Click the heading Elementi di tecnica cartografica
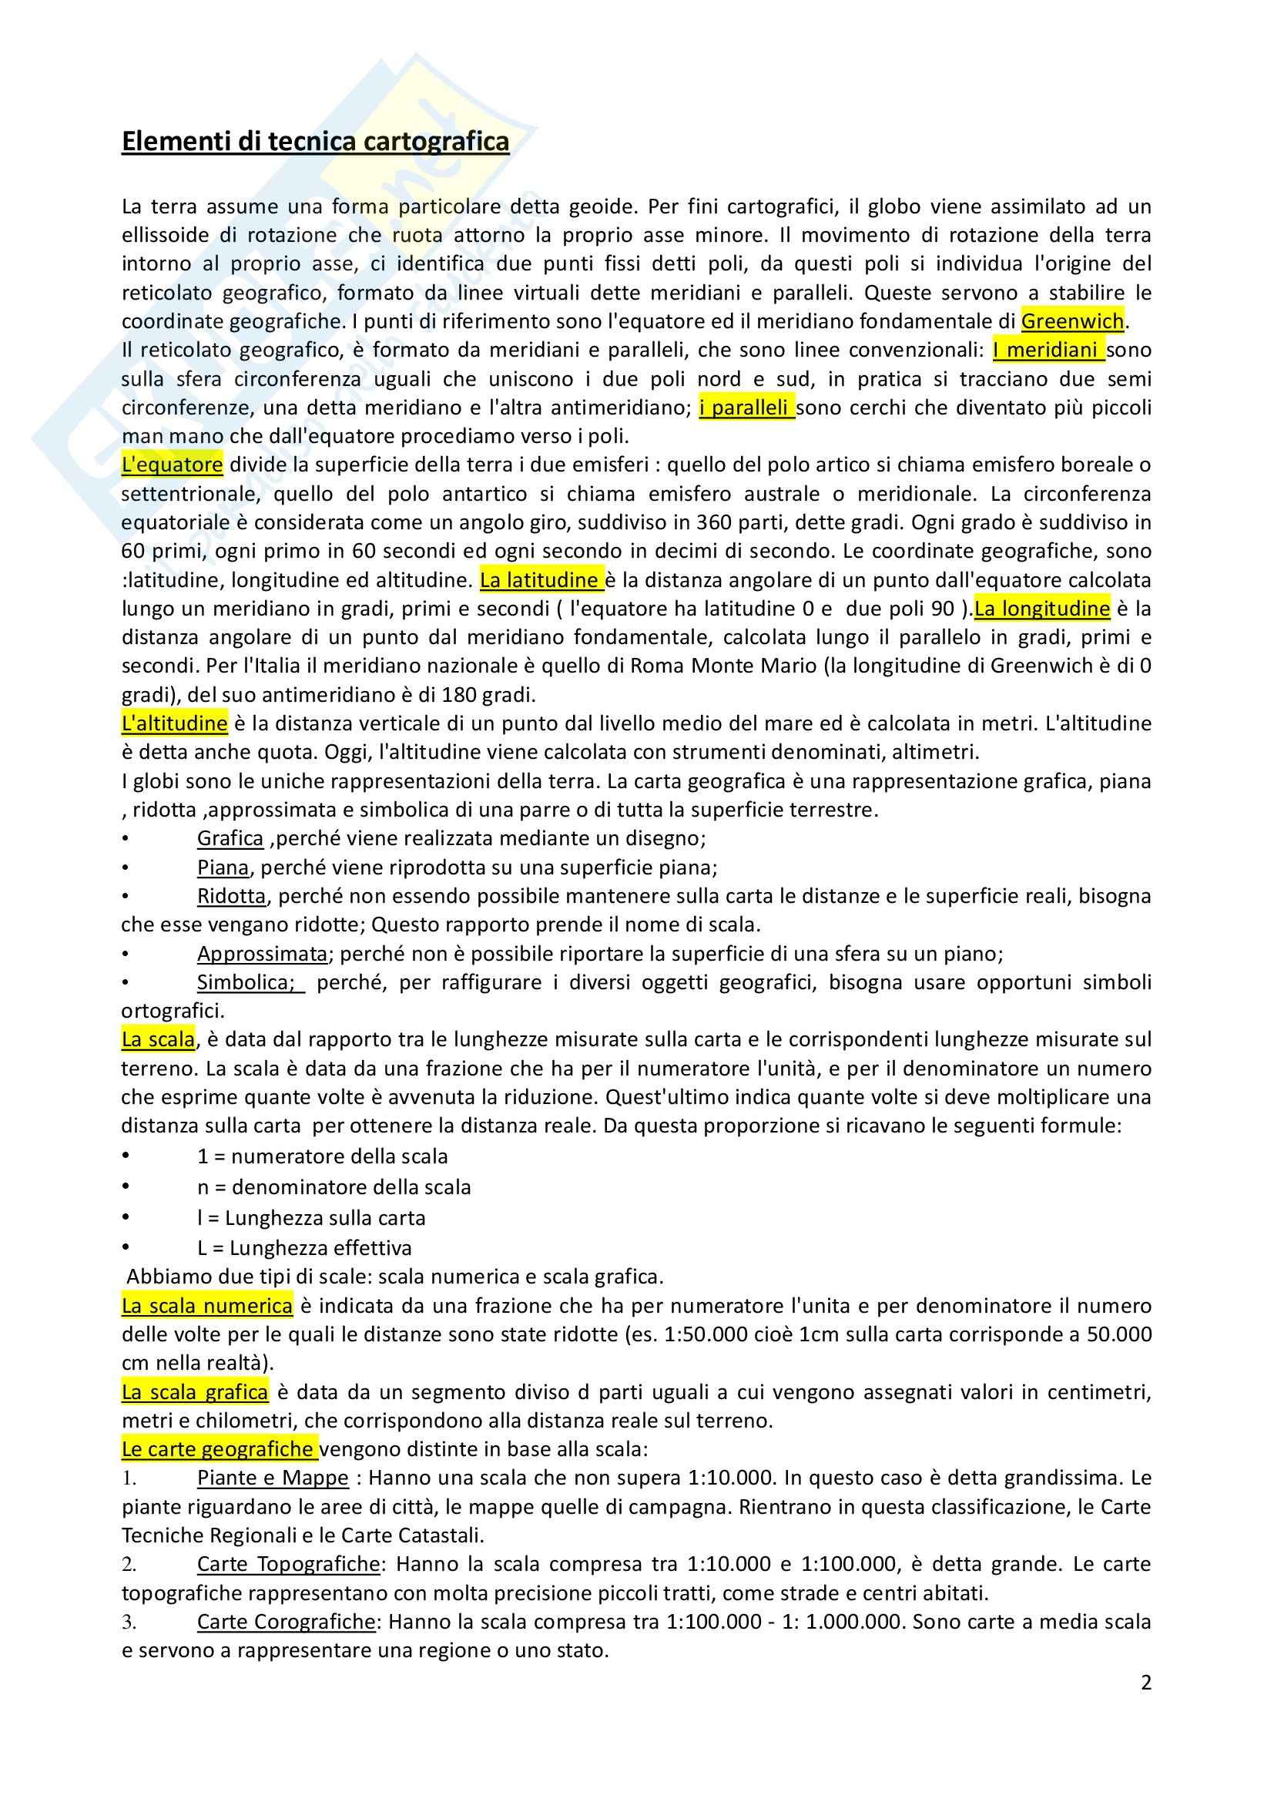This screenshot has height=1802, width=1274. [x=315, y=142]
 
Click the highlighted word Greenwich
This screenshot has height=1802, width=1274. [x=1072, y=321]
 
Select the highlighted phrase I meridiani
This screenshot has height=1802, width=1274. [x=1048, y=350]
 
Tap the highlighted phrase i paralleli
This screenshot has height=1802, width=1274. [x=747, y=408]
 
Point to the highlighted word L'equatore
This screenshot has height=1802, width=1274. [x=172, y=465]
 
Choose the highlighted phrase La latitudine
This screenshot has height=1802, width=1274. [x=541, y=580]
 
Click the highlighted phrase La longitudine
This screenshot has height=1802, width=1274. [x=1042, y=609]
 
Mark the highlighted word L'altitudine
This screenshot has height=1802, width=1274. [x=174, y=723]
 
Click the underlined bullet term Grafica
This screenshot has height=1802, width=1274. [x=230, y=838]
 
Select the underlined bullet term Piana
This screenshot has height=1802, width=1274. [x=223, y=867]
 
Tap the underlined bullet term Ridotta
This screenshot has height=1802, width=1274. [x=231, y=896]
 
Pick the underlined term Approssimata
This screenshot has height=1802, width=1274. [x=262, y=954]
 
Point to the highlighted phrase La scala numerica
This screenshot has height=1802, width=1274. [x=207, y=1306]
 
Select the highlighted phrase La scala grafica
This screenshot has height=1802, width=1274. [x=195, y=1392]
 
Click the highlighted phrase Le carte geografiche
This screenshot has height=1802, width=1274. [x=220, y=1450]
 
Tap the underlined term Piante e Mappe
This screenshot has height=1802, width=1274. [x=272, y=1478]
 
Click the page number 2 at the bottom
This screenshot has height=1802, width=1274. [x=1146, y=1683]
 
